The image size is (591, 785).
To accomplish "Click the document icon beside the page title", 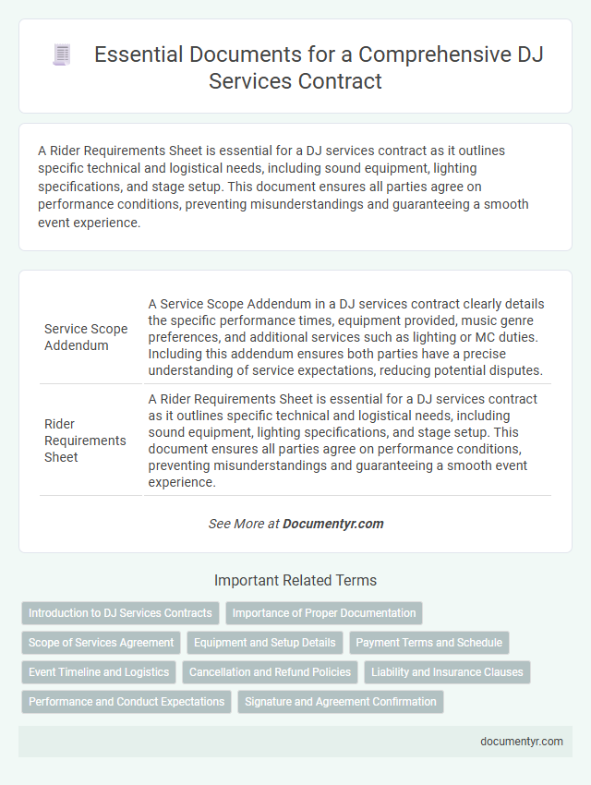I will (x=62, y=55).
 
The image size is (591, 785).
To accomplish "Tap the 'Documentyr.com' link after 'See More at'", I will (x=332, y=524).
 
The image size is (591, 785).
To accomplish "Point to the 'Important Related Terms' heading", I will (x=295, y=581).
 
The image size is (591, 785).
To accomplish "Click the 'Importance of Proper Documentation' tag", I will (x=323, y=613).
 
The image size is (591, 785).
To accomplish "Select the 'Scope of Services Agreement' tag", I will (x=102, y=643).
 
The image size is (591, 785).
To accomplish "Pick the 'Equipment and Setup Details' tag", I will (x=264, y=643).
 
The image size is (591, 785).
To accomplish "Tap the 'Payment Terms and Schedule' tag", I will (x=429, y=643).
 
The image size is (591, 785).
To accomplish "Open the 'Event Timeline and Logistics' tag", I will (x=99, y=672).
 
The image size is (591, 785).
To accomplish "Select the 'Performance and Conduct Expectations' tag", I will (x=127, y=702).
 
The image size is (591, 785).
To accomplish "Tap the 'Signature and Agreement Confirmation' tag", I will (x=341, y=702).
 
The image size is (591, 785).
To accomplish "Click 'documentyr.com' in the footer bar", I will (x=522, y=742).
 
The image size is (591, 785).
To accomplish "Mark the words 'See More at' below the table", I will (x=244, y=524).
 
